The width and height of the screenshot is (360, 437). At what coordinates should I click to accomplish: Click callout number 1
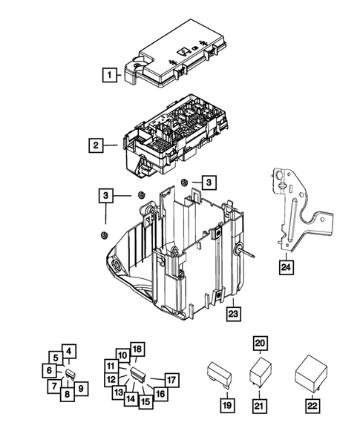pos(109,74)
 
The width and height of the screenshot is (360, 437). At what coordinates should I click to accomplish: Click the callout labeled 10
pos(122,356)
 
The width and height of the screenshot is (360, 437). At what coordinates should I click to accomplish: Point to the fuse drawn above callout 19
pos(221,375)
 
